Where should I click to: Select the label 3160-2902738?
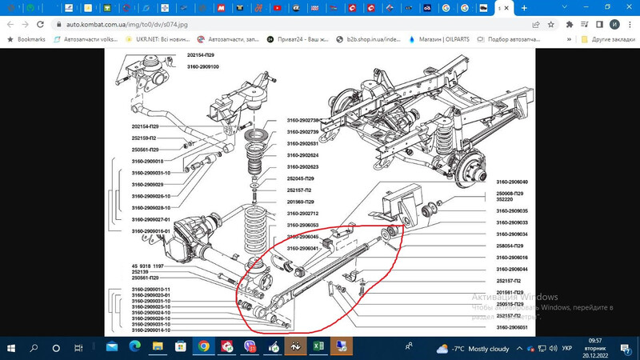tap(303, 120)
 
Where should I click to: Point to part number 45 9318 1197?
tap(149, 266)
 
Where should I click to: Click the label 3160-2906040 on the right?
tap(512, 182)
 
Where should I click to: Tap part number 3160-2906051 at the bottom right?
tap(512, 327)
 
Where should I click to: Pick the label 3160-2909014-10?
tap(151, 330)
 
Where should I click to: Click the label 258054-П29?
tap(509, 246)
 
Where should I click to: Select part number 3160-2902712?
tap(303, 214)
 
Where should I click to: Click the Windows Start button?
tap(12, 348)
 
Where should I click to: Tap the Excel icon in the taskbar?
tap(318, 348)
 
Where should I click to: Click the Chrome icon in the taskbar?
tap(204, 348)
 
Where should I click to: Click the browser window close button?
tap(628, 7)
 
